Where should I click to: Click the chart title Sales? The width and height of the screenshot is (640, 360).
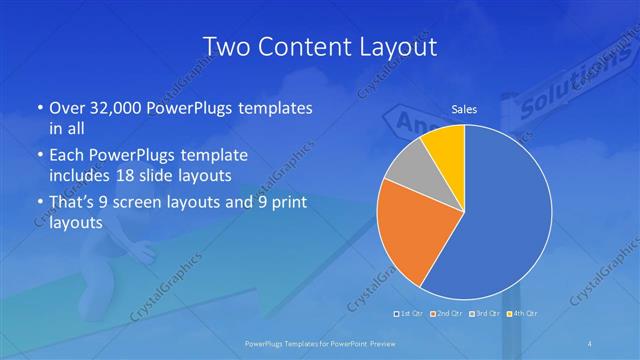coord(464,109)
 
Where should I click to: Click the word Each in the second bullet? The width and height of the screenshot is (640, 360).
coord(66,155)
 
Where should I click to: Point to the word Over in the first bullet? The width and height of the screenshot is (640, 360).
coord(67,108)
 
